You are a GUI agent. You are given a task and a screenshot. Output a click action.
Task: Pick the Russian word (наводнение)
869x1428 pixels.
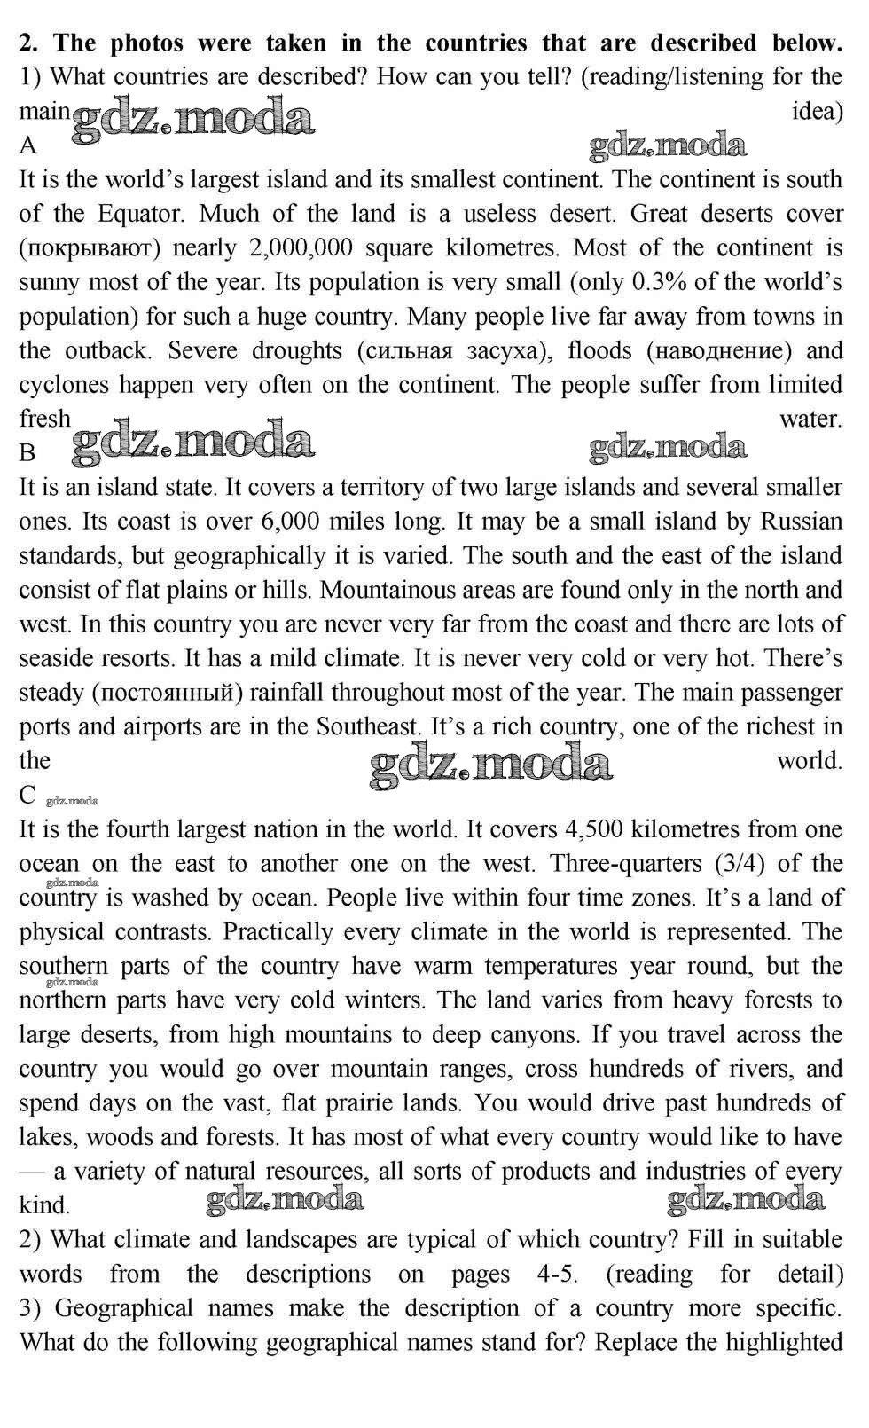(719, 350)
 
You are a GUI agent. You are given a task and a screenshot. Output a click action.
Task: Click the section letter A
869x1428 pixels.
(28, 145)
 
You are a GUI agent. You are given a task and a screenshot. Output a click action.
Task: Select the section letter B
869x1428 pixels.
(27, 453)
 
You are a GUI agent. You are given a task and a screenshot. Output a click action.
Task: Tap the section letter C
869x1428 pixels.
(27, 796)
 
